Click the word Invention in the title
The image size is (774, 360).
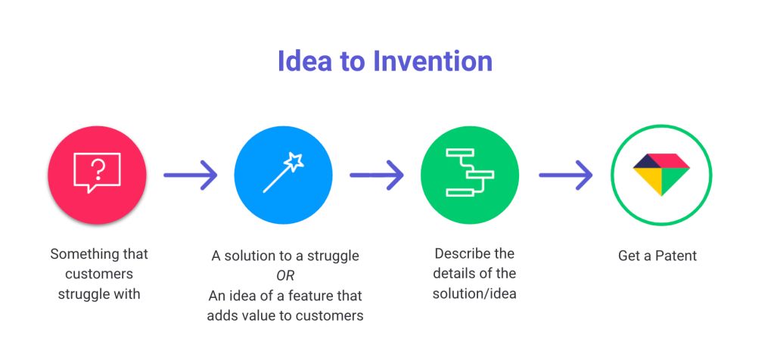click(433, 61)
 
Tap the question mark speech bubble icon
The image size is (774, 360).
click(97, 172)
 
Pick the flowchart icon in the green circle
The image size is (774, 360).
click(469, 172)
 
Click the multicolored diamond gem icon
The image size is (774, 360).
click(661, 174)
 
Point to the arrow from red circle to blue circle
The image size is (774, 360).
click(191, 175)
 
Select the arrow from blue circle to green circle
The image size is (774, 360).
click(377, 175)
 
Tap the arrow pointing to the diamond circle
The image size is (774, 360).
click(566, 175)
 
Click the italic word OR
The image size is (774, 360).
click(285, 275)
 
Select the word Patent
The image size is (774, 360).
click(676, 256)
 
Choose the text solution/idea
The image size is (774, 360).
click(474, 294)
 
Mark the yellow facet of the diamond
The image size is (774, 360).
click(648, 181)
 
